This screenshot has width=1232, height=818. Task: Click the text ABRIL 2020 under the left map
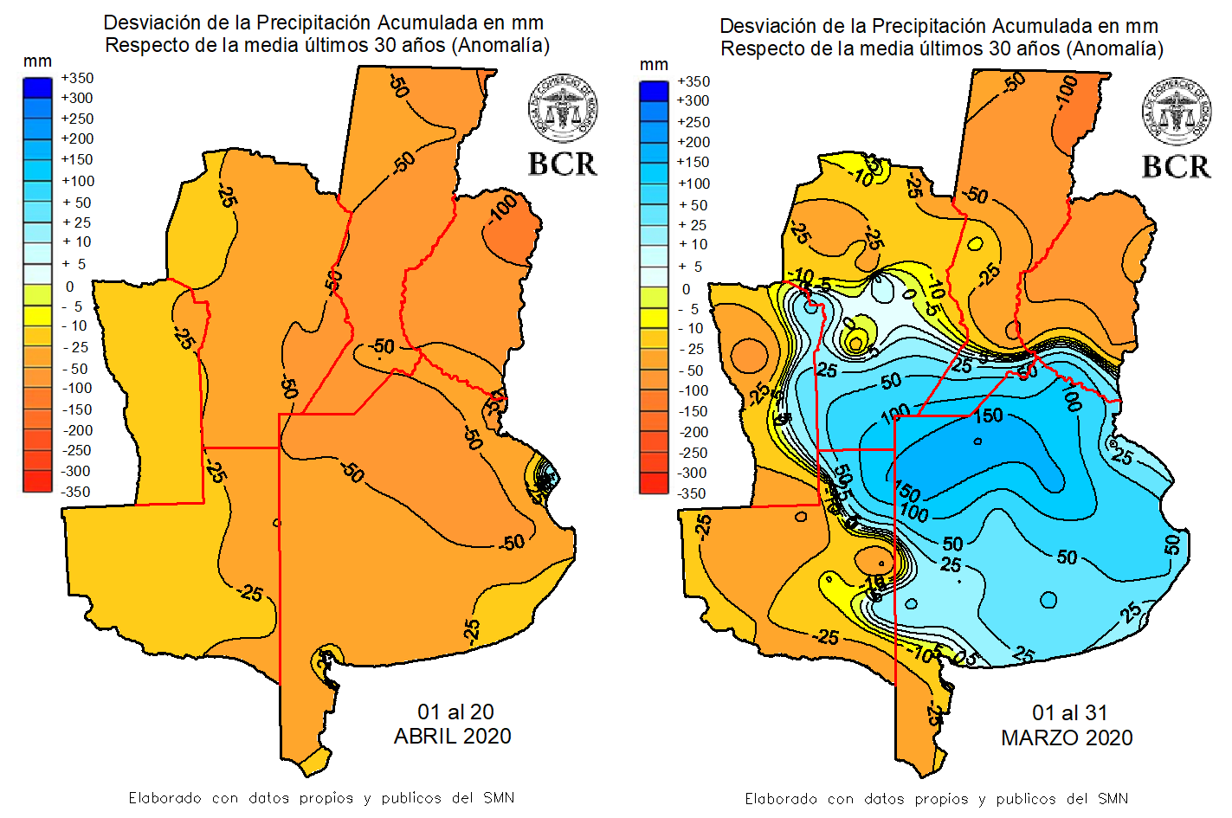pyautogui.click(x=452, y=737)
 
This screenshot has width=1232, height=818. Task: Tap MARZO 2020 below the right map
pyautogui.click(x=1067, y=737)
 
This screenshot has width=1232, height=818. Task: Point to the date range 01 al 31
pyautogui.click(x=1069, y=712)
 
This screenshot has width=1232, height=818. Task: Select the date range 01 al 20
pyautogui.click(x=455, y=712)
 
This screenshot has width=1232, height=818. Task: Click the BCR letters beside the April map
pyautogui.click(x=563, y=164)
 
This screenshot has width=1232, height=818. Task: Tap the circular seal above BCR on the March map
pyautogui.click(x=1177, y=111)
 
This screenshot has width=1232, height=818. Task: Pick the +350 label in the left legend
pyautogui.click(x=77, y=78)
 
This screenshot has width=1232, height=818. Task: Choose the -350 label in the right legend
pyautogui.click(x=692, y=493)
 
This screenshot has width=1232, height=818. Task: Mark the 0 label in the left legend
pyautogui.click(x=70, y=287)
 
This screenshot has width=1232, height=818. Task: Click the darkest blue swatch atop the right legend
pyautogui.click(x=654, y=91)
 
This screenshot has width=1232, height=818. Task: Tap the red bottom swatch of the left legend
pyautogui.click(x=37, y=481)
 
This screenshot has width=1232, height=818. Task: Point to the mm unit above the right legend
pyautogui.click(x=654, y=64)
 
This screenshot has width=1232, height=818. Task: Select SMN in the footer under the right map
pyautogui.click(x=1113, y=798)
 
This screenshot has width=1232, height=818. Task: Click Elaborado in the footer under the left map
pyautogui.click(x=165, y=797)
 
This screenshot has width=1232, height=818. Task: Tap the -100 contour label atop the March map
pyautogui.click(x=1067, y=93)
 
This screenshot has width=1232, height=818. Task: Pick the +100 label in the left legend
pyautogui.click(x=77, y=181)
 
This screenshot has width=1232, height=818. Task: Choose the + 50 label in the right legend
pyautogui.click(x=693, y=205)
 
